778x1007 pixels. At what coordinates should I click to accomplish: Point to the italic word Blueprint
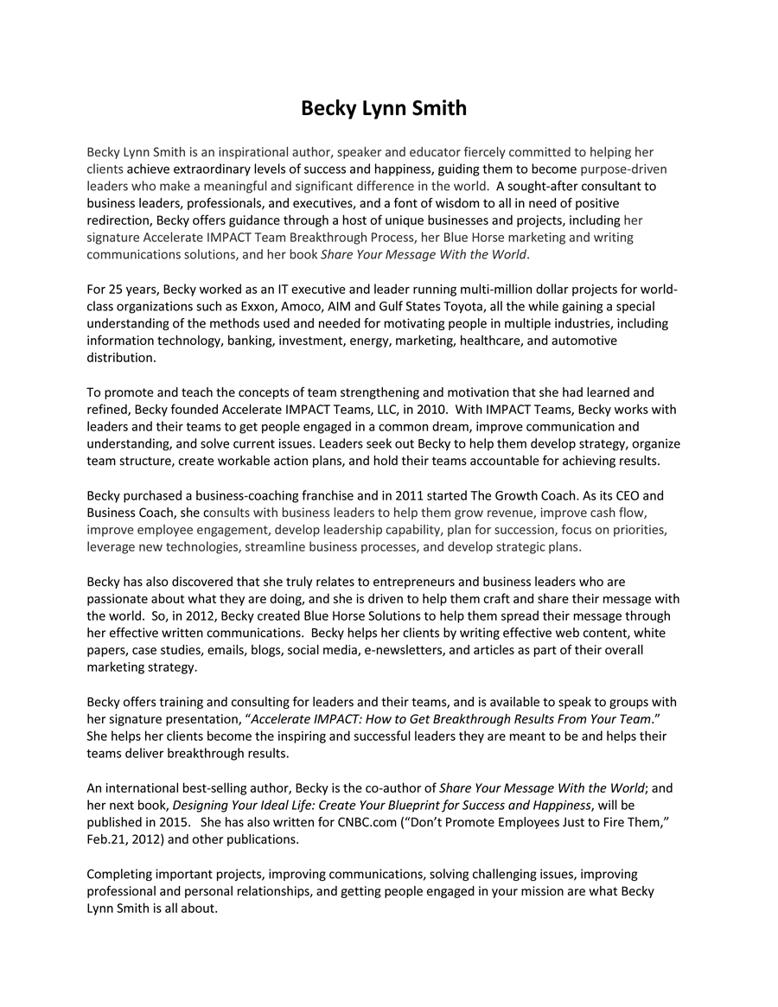[413, 805]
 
